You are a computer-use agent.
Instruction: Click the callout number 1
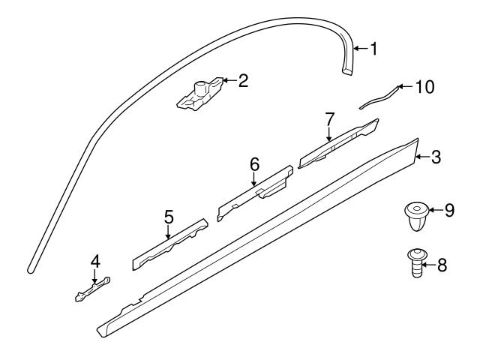click(373, 49)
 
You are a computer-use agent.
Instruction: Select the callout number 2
click(242, 80)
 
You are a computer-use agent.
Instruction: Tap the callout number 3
click(436, 157)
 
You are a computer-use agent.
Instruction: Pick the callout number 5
click(169, 217)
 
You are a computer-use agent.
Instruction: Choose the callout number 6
click(254, 163)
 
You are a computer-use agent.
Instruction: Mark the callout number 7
click(328, 118)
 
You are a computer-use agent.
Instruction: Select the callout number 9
click(449, 211)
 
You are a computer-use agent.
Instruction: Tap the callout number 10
click(424, 87)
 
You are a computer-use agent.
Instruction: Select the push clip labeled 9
click(415, 214)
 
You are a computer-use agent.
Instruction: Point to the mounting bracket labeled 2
click(201, 95)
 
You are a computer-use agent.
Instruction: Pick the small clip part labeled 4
click(91, 289)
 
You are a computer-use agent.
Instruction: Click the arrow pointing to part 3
click(421, 157)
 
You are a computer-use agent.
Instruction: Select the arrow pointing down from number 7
click(328, 133)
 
